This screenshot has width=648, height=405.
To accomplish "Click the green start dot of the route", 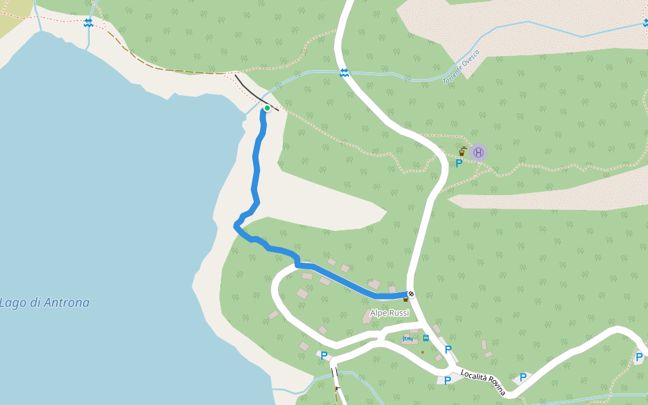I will (x=267, y=108).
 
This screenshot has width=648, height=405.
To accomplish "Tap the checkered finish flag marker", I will (x=410, y=294).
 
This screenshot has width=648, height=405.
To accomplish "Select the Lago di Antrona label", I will (x=45, y=302).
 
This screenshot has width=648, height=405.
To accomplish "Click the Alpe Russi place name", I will (x=389, y=313).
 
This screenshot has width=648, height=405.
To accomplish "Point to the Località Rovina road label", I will (x=483, y=383).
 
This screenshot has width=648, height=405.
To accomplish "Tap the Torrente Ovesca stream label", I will (x=461, y=67).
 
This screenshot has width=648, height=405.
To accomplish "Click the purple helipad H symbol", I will (x=478, y=152).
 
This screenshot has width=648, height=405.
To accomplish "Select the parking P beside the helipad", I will (x=459, y=163).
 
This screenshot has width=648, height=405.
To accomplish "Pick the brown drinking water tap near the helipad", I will (x=462, y=151).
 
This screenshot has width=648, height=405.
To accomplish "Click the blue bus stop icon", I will (x=426, y=338).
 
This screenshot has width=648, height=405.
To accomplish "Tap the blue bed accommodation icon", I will (x=408, y=338).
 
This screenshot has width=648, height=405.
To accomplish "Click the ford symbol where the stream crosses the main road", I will (x=344, y=72).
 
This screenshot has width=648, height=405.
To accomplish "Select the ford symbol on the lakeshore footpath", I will (x=88, y=22).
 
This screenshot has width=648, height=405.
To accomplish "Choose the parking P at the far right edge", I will (x=639, y=356).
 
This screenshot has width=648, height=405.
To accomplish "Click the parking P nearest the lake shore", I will (x=324, y=356).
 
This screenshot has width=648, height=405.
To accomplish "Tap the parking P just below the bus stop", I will (x=448, y=350).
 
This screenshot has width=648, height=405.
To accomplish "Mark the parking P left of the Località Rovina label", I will (x=447, y=381).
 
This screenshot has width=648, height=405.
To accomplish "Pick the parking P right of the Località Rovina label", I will (x=523, y=377).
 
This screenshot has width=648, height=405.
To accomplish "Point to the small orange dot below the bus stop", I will (x=423, y=352).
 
